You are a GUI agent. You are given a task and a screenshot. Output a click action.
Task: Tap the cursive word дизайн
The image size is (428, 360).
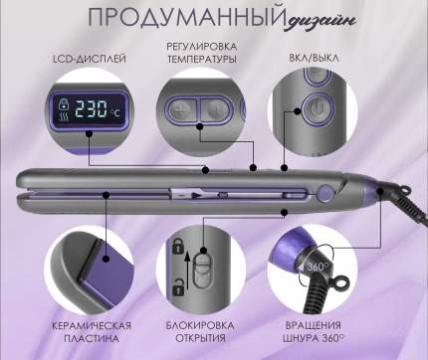point(321,20)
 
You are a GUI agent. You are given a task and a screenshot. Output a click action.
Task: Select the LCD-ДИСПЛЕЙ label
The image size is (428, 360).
point(90,60)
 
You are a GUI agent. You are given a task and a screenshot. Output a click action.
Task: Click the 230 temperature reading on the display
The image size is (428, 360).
point(91,108)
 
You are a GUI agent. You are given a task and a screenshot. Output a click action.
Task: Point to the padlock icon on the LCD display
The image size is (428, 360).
point(63,103)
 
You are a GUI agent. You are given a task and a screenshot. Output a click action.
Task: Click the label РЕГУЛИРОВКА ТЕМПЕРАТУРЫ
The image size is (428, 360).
point(202,53)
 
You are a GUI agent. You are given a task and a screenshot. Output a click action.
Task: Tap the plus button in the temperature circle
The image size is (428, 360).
point(181,108)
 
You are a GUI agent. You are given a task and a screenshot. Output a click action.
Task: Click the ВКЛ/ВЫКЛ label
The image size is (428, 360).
point(314,58)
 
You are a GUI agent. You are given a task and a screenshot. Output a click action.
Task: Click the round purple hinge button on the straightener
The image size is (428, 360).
point(325,193)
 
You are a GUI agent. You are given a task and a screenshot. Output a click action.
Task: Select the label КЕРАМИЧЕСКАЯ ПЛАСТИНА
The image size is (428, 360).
point(92,332)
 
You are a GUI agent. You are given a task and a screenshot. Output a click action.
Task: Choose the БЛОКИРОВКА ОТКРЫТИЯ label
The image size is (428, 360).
point(200,331)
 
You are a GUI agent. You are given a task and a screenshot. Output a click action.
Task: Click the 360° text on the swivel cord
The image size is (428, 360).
point(318,267)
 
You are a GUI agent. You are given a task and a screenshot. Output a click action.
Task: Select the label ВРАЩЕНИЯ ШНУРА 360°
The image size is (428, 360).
point(314,332)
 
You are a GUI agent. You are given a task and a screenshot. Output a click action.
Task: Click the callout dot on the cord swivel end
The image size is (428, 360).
point(379,191)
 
